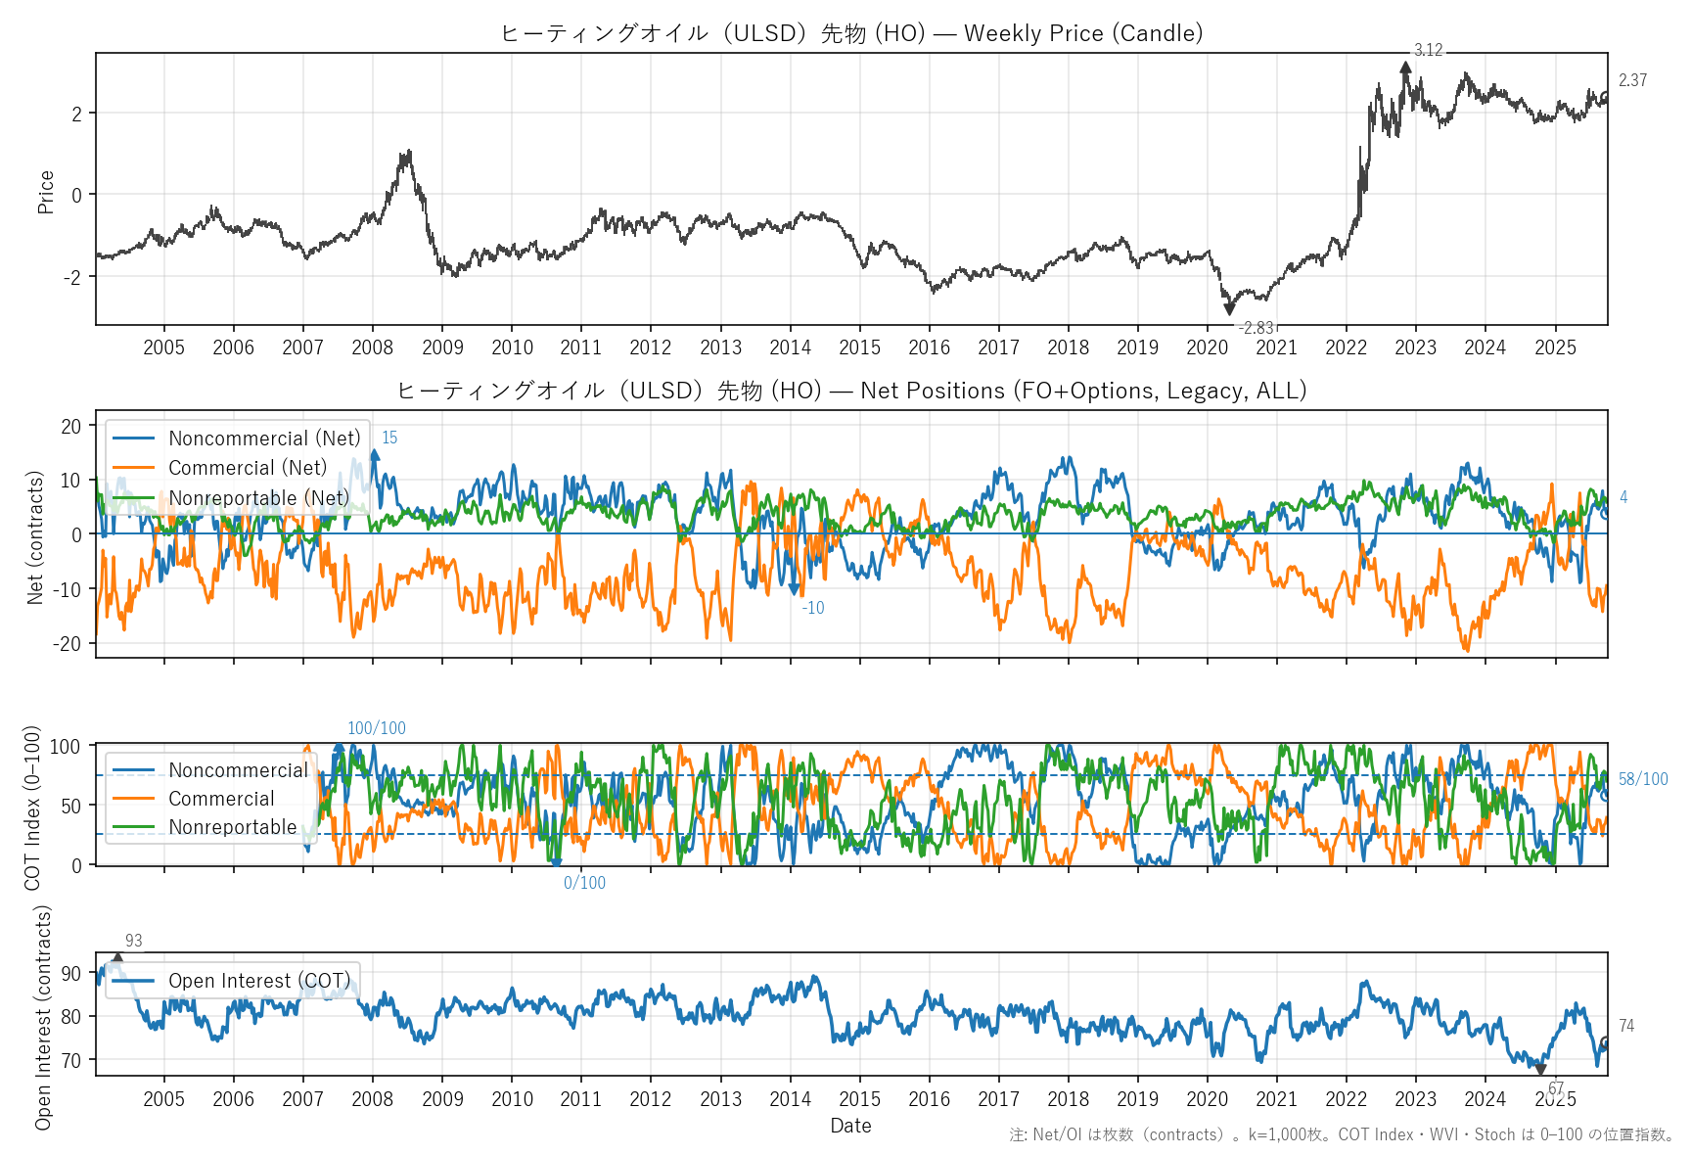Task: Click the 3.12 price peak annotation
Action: coord(1428,50)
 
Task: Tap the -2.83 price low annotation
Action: coord(1256,328)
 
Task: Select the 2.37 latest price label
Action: coord(1632,80)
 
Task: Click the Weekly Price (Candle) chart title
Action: coord(851,33)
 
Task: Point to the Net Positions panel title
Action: coord(851,391)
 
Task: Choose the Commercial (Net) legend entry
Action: coord(248,468)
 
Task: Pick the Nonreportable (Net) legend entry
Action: coord(258,497)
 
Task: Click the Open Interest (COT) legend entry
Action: coord(259,981)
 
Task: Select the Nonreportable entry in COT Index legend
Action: coord(232,827)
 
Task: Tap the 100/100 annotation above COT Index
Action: coord(377,728)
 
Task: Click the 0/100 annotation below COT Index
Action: coord(584,883)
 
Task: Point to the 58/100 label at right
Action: coord(1643,779)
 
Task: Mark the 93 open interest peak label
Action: coord(134,941)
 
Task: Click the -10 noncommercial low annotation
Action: coord(813,608)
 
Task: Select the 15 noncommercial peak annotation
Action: coord(389,438)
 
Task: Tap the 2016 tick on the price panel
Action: coord(929,347)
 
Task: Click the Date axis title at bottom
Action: coord(850,1126)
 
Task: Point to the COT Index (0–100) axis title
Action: coord(32,808)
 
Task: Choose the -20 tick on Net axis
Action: coord(71,643)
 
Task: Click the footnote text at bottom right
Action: coord(1342,1134)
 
